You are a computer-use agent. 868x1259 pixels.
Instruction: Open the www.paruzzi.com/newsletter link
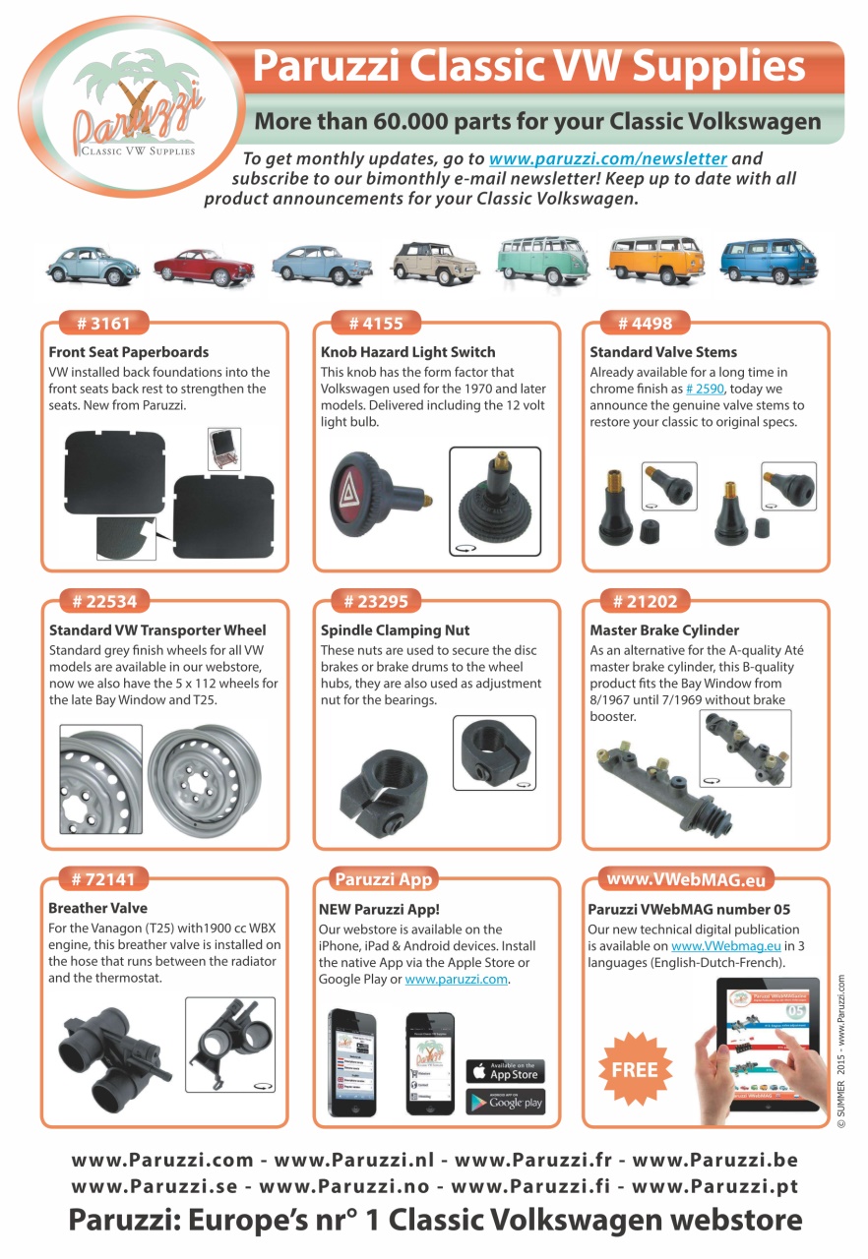pos(607,158)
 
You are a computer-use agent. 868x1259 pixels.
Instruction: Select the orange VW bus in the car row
pos(651,261)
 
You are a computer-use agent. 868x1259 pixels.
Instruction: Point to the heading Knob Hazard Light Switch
pos(407,351)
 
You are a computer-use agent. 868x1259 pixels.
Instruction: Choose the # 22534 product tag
pos(103,600)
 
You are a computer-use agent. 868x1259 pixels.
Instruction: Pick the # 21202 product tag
pos(645,600)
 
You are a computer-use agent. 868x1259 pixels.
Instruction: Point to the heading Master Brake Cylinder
pos(663,629)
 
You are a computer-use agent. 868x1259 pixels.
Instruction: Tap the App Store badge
pos(505,1070)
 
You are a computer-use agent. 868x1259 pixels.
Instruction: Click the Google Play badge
pos(505,1102)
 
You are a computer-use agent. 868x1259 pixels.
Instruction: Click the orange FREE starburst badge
pos(635,1069)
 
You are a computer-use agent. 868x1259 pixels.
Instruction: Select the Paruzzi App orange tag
pos(382,878)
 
